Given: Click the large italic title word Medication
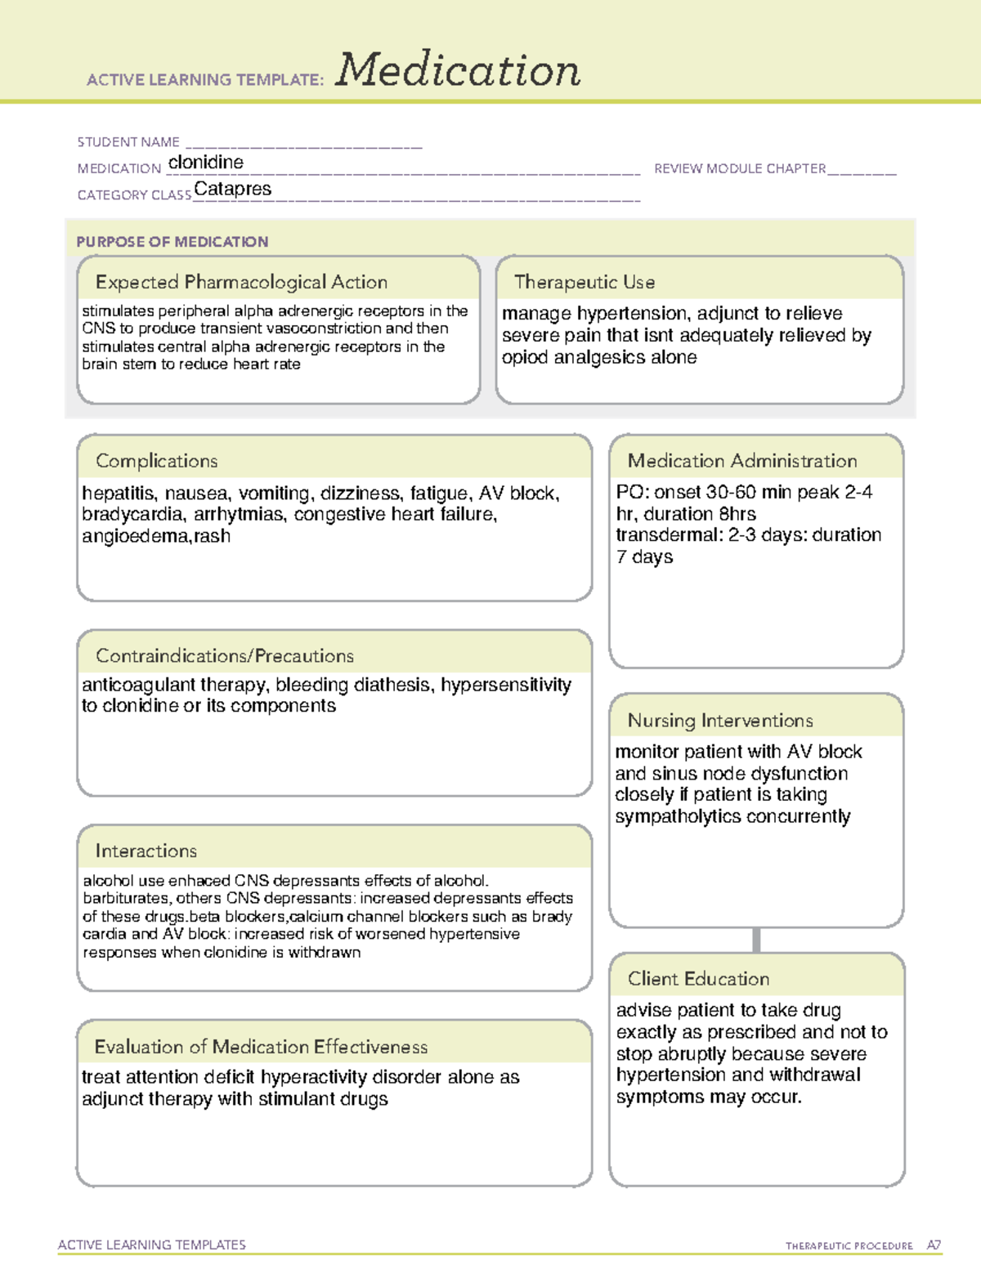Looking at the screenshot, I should click(458, 70).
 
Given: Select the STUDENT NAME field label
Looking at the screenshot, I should click(128, 142).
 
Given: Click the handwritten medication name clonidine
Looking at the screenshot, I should click(205, 163).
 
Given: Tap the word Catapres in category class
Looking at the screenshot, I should click(233, 189).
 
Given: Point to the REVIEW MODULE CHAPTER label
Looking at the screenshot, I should click(740, 168).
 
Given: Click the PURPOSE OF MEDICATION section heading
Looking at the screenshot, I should click(172, 242).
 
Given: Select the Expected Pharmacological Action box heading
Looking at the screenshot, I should click(241, 282).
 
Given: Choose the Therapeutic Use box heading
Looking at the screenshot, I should click(585, 282).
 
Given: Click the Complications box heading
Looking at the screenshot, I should click(157, 461).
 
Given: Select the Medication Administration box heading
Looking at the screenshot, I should click(742, 461).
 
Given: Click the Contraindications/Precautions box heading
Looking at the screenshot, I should click(225, 655).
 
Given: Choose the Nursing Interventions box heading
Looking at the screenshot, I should click(720, 720).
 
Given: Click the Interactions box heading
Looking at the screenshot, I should click(146, 851).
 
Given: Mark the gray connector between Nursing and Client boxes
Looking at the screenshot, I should click(756, 940).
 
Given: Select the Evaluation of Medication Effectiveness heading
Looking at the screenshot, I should click(261, 1047).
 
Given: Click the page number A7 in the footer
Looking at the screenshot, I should click(934, 1245).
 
